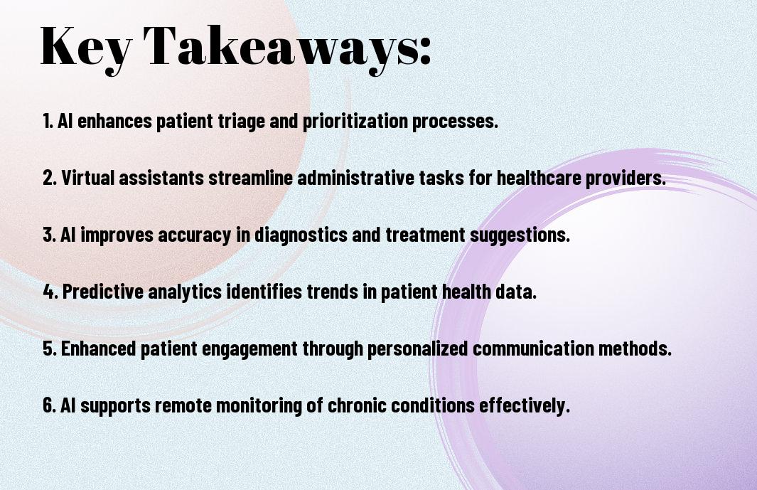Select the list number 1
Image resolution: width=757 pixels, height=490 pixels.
pyautogui.click(x=48, y=122)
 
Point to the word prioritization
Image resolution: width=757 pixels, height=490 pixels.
pyautogui.click(x=355, y=122)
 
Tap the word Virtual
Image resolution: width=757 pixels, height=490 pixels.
pyautogui.click(x=87, y=178)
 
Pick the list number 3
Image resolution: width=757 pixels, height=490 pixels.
pyautogui.click(x=49, y=235)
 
